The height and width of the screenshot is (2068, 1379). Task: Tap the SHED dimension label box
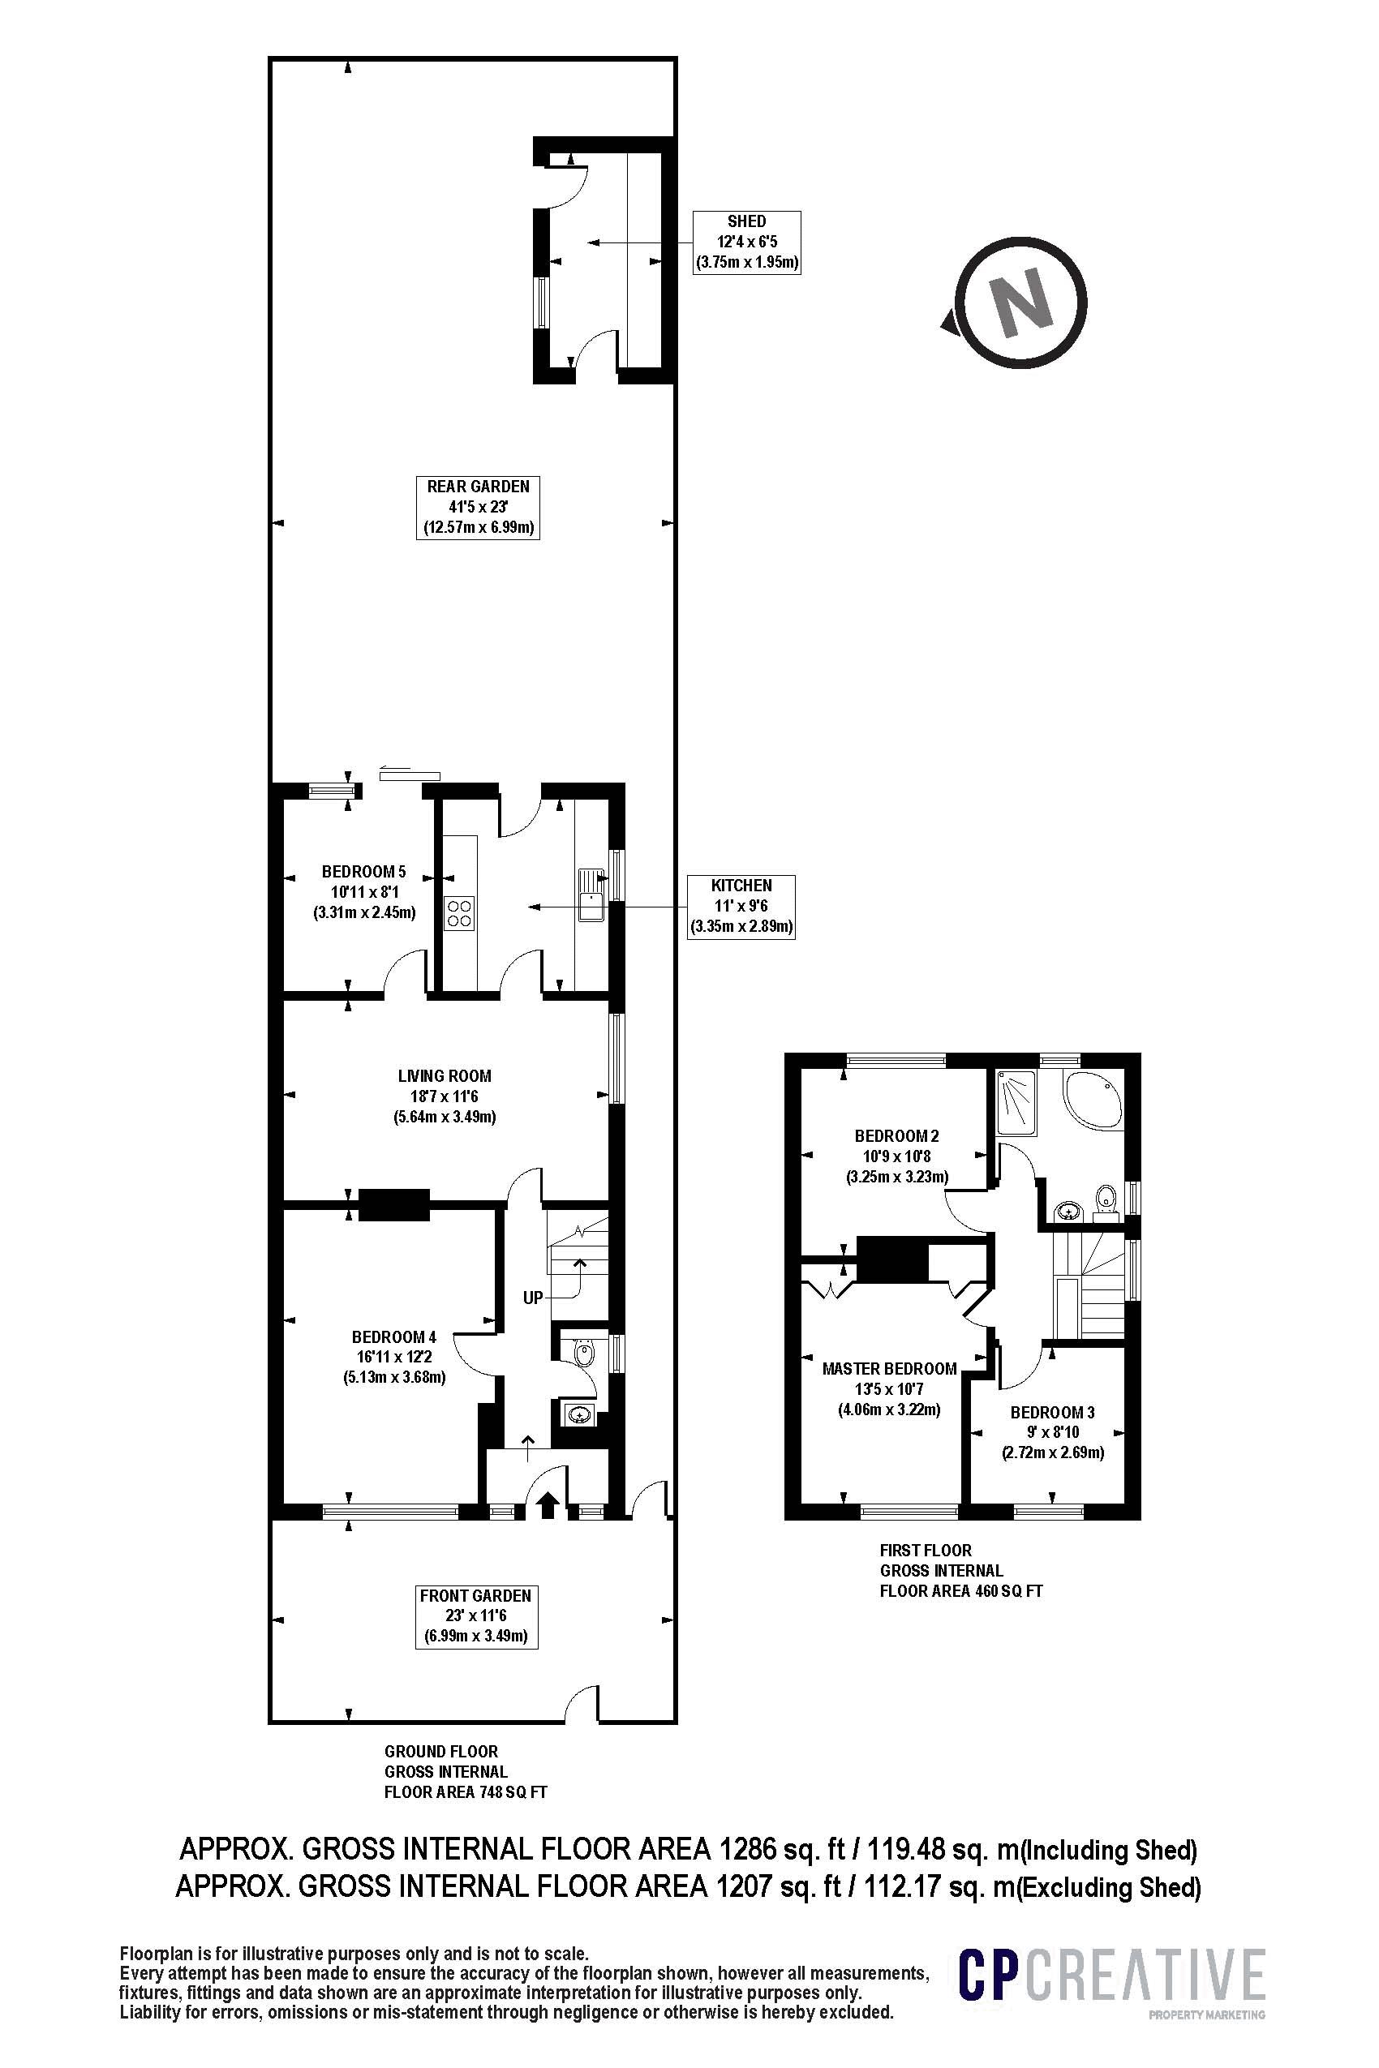pyautogui.click(x=746, y=242)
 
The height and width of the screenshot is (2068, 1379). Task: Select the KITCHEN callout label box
pyautogui.click(x=741, y=906)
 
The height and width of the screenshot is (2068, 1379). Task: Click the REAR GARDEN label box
pyautogui.click(x=478, y=508)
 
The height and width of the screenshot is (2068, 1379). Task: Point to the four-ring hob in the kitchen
pyautogui.click(x=460, y=912)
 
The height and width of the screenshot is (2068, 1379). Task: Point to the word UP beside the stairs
pyautogui.click(x=533, y=1298)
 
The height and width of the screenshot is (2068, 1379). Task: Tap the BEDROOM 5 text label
pyautogui.click(x=363, y=873)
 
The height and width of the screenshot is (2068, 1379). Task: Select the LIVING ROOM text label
pyautogui.click(x=445, y=1075)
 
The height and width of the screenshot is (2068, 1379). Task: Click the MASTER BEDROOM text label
pyautogui.click(x=889, y=1369)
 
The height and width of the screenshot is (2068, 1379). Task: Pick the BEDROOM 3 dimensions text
pyautogui.click(x=1053, y=1442)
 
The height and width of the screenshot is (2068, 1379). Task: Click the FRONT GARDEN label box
pyautogui.click(x=476, y=1616)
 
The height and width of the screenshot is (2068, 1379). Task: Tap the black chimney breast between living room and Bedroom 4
pyautogui.click(x=393, y=1204)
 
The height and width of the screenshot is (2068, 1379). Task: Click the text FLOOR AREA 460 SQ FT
pyautogui.click(x=960, y=1590)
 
